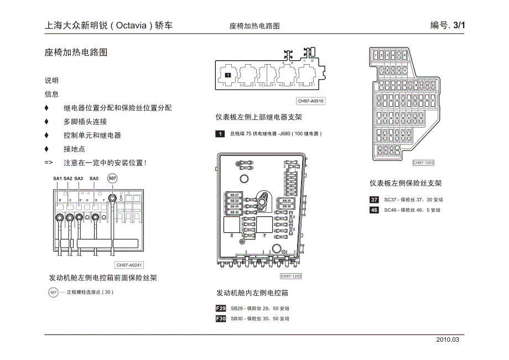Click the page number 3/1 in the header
click(459, 25)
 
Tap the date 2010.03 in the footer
click(448, 340)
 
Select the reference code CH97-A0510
click(310, 101)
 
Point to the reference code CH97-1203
click(423, 163)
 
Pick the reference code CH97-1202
click(290, 276)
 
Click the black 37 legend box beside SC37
click(375, 200)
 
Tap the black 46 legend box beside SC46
click(375, 210)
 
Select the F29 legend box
click(221, 308)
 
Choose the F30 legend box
click(221, 319)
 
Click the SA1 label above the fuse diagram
click(58, 179)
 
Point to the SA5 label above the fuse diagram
click(94, 179)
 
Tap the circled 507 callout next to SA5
click(112, 178)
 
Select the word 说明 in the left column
click(51, 80)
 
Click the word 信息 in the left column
click(51, 94)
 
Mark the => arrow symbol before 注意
click(49, 163)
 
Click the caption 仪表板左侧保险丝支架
click(406, 183)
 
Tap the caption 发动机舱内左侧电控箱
click(252, 293)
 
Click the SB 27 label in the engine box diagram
click(234, 195)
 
